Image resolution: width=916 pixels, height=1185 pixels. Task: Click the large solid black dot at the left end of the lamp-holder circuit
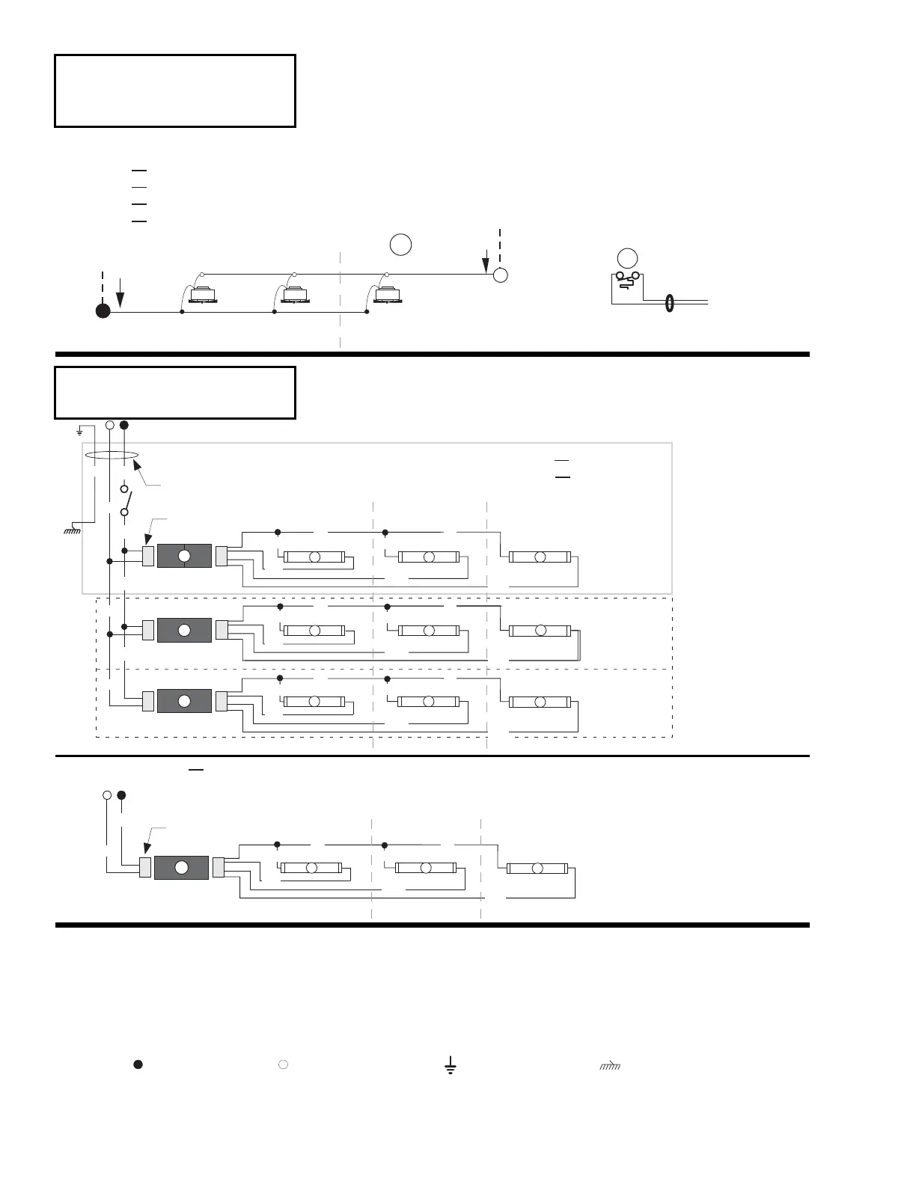tap(103, 311)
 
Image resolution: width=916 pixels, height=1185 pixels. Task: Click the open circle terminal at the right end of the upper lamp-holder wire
tap(501, 275)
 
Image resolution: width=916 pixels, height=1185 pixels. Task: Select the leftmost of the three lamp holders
tap(202, 295)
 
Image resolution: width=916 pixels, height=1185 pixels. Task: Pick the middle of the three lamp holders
tap(295, 295)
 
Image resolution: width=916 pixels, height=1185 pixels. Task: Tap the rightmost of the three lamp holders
tap(388, 295)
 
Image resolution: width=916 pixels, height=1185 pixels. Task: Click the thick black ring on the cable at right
tap(669, 303)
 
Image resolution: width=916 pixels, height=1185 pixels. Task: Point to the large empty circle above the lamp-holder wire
tap(400, 245)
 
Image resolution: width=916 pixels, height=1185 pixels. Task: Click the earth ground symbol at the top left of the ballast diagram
tap(79, 431)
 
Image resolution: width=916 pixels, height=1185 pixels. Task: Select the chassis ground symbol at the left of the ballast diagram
tap(73, 530)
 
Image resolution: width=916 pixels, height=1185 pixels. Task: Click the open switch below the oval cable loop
tap(125, 501)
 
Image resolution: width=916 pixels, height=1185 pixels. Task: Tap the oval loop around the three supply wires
tap(111, 455)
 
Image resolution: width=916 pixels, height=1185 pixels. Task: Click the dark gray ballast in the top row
tap(184, 556)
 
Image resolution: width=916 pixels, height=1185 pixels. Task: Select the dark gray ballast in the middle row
tap(184, 630)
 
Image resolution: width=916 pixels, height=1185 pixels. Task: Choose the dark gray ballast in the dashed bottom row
tap(184, 701)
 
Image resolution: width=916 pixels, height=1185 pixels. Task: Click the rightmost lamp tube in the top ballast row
tap(540, 557)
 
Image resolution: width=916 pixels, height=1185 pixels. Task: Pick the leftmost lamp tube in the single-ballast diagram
tap(312, 868)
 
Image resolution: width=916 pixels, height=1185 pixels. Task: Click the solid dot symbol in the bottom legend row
tap(138, 1064)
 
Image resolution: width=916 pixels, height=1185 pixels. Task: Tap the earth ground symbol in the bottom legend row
tap(450, 1066)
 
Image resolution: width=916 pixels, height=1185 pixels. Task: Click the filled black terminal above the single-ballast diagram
tap(121, 794)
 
